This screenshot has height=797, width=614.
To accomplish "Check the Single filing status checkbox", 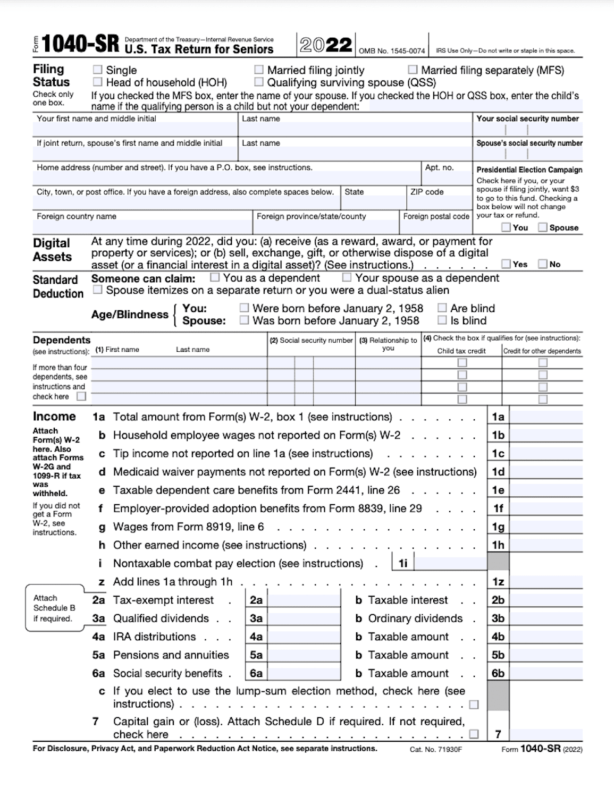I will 97,70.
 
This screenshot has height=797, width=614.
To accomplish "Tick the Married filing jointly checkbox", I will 259,70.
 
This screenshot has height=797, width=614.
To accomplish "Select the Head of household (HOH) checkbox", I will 97,82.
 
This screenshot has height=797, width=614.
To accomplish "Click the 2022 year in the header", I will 325,45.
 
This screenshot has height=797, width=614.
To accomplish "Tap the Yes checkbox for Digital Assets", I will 506,264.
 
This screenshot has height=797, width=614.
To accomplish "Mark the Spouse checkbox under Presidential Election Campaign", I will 543,227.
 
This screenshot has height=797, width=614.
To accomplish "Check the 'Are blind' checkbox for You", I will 442,308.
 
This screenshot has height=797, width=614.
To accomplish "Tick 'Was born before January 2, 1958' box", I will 244,320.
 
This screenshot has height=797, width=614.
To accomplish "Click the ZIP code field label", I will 426,192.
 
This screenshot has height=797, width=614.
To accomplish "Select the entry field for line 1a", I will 546,417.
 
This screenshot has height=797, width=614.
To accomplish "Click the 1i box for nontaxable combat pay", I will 450,563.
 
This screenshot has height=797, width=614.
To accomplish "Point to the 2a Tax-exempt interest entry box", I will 304,600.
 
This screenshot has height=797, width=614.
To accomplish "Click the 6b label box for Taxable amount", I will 498,673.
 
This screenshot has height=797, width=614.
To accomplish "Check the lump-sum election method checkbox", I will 474,705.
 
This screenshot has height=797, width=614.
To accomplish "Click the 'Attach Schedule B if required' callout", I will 54,608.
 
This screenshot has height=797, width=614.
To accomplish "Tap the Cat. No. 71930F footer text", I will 436,749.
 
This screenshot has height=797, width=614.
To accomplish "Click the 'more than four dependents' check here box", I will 81,396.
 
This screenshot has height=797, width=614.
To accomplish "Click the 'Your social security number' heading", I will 527,118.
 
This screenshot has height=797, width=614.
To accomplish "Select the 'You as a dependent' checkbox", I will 215,277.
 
